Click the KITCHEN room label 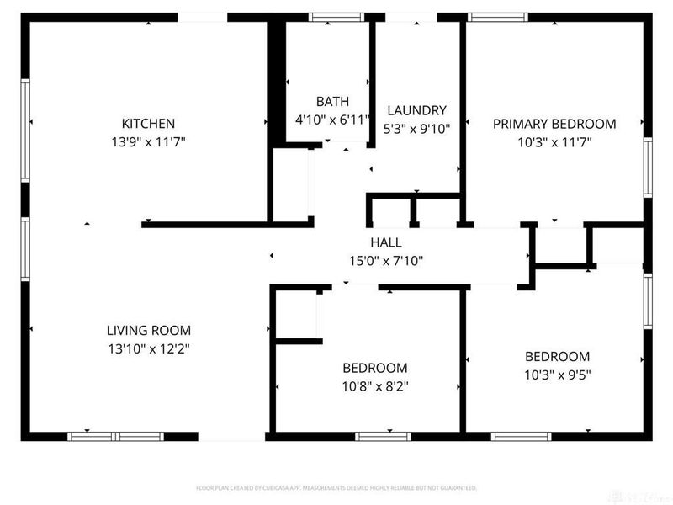[x=148, y=123]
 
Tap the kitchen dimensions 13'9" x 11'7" [x=148, y=142]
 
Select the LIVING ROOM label [x=148, y=330]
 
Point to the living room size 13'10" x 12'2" [x=148, y=349]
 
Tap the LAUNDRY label [x=416, y=110]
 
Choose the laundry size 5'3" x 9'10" [x=416, y=130]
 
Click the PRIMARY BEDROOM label [x=554, y=124]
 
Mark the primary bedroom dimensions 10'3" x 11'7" [x=554, y=142]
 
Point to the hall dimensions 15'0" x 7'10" [x=385, y=261]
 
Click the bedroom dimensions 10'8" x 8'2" [x=374, y=387]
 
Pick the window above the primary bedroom [x=492, y=16]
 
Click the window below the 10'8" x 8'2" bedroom [x=383, y=436]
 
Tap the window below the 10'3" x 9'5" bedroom [x=522, y=436]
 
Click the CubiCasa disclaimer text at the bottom [x=336, y=488]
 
